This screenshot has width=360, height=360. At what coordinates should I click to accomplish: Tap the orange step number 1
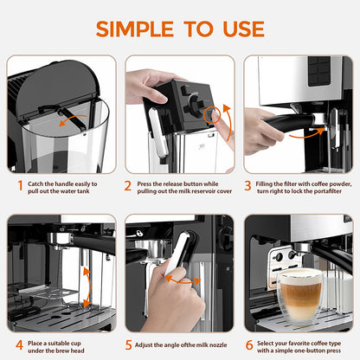coord(20,185)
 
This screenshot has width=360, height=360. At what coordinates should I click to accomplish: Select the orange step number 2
coord(128,185)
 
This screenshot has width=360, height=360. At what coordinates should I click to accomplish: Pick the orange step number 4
coord(20,344)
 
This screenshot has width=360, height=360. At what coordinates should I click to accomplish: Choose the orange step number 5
coord(128,344)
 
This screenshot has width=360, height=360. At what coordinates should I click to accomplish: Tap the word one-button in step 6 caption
coord(309,353)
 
